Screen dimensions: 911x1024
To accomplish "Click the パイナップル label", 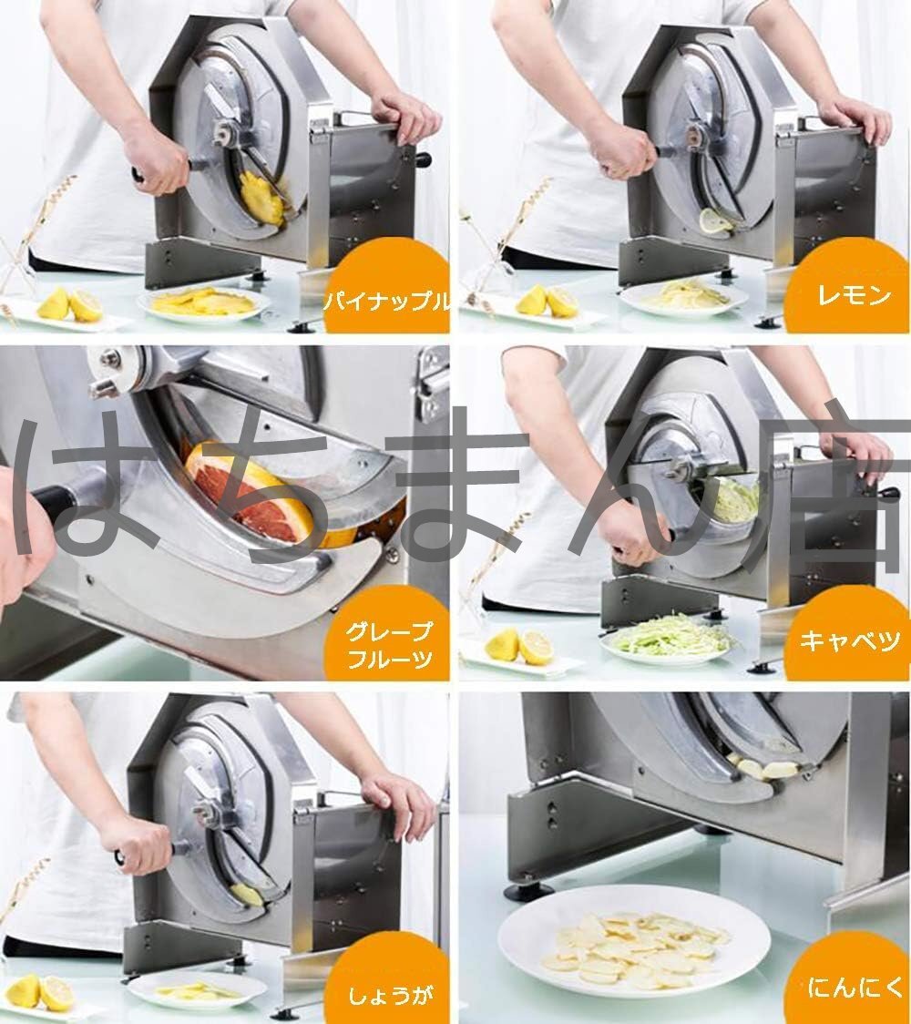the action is tap(387, 302).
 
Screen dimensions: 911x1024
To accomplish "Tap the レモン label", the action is tap(855, 296).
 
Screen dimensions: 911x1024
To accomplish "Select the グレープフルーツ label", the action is tap(389, 645).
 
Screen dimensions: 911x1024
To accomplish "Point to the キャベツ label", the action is tap(850, 640).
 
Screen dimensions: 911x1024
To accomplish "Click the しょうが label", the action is tap(390, 996).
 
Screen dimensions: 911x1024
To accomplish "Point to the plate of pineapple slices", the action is tap(204, 302).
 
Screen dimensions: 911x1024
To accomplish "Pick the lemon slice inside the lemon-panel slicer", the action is tap(716, 220).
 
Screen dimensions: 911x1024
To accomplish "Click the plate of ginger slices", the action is tap(197, 990).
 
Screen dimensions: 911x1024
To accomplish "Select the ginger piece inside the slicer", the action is tap(246, 894).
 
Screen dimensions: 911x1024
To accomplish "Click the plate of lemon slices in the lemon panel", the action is tap(684, 297).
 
